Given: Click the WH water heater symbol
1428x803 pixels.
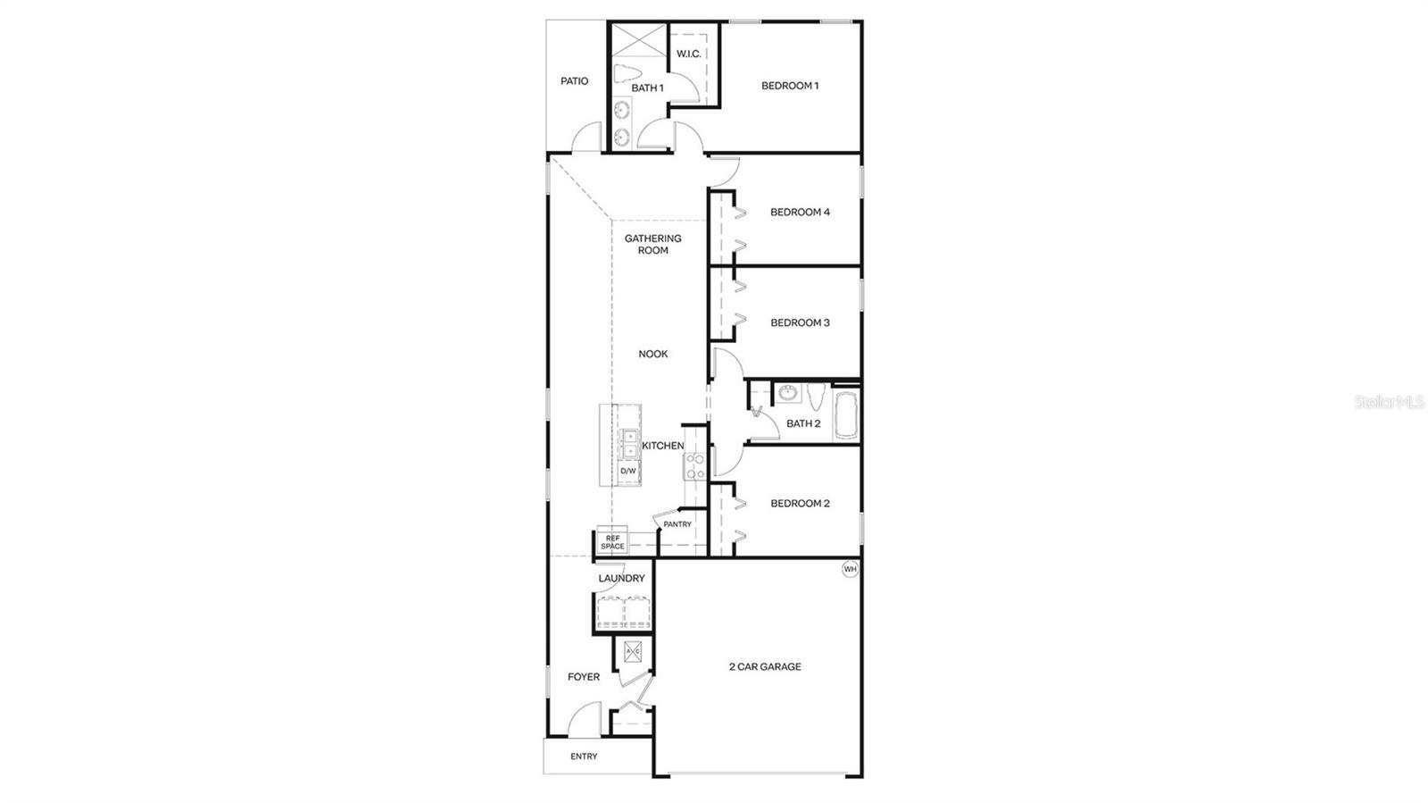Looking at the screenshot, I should tap(850, 569).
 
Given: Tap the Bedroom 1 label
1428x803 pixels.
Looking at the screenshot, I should tap(790, 86).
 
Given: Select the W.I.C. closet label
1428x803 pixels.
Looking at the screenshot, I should tap(688, 54).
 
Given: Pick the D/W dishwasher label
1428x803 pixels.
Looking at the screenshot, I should tap(628, 471).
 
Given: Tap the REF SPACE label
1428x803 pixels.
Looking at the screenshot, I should tap(613, 542).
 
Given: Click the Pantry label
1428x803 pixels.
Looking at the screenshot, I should tap(677, 524).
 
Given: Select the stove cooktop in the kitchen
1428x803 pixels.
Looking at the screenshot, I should tap(694, 465).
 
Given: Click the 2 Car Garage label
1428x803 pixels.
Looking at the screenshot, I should tap(765, 666).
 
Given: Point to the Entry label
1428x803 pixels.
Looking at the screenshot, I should tap(584, 757).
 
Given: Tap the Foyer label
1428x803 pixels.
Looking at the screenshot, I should tap(584, 677).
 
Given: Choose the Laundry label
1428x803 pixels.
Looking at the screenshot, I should tap(621, 579).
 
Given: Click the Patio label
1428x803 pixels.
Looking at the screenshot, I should tap(574, 81).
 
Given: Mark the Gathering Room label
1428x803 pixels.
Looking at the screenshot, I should tap(652, 245).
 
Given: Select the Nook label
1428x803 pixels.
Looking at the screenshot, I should tap(652, 354).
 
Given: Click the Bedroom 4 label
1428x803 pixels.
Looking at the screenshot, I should tap(800, 213).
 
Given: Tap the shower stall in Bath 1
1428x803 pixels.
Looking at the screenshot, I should tap(638, 41).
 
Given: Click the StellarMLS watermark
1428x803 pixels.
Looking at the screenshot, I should tap(1390, 403).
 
